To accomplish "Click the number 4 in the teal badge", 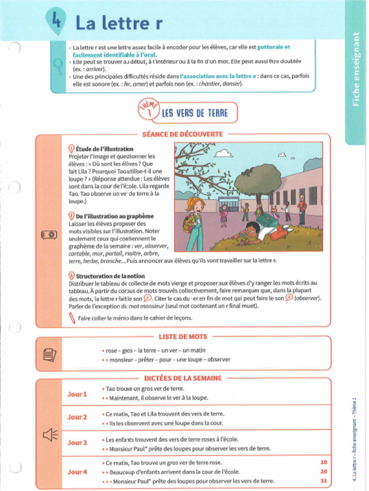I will point(56,21).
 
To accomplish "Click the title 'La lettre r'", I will point(119,23).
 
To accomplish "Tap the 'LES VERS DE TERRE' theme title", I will point(194,113).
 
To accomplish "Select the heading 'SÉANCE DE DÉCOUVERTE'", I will point(183,134).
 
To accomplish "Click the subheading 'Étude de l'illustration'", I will point(104,149).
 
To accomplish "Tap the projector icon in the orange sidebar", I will point(49,234).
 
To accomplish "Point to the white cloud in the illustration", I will point(223,153).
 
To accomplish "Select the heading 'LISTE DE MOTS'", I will point(183,337).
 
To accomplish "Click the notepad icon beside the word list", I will point(49,354).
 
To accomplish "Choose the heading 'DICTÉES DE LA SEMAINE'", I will point(183,378).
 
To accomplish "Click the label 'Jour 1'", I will point(77,394).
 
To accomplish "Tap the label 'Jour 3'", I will point(77,443).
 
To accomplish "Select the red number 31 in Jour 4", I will point(323,481).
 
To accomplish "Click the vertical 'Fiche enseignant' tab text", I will point(356,70).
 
